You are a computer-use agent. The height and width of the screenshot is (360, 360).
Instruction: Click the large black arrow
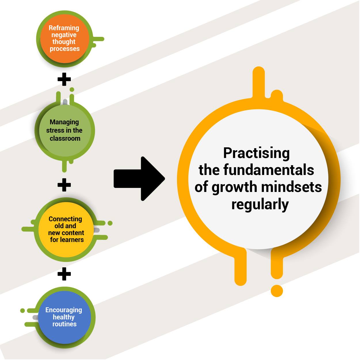point(139,179)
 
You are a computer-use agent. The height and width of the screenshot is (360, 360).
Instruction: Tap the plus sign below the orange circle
point(64,79)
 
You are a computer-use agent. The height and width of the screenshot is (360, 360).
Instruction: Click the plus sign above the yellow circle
point(64,185)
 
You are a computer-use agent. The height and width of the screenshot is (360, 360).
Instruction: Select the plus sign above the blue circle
point(64,274)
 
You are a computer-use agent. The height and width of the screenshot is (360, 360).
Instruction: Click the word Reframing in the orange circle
point(64,28)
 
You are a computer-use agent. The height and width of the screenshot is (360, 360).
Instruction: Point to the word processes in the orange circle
point(65,49)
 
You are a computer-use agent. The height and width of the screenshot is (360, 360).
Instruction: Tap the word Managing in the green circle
point(64,122)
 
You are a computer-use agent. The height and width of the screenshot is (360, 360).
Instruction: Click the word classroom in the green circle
point(65,138)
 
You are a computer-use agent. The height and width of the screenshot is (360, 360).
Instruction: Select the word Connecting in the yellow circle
point(65,219)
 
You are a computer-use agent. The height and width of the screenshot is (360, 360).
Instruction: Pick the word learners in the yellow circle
point(72,240)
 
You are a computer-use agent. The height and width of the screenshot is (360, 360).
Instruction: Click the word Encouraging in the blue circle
point(64,310)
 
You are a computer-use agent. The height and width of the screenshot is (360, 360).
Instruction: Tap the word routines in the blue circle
point(64,324)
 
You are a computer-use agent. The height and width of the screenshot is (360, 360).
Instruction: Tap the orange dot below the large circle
point(277,291)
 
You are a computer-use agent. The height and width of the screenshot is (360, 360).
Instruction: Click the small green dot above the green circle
point(72,89)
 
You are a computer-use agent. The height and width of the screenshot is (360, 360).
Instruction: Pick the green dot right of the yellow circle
point(110,223)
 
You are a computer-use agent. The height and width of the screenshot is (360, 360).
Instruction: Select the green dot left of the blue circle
point(22,311)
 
